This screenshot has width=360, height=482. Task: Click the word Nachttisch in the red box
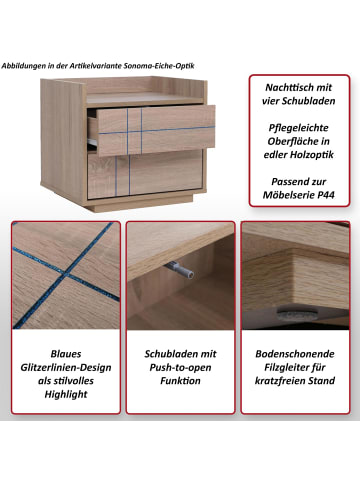tap(285, 87)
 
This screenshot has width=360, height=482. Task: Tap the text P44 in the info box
tap(325, 195)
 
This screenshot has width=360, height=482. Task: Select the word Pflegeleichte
tap(298, 128)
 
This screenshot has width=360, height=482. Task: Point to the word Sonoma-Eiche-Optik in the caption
tap(159, 66)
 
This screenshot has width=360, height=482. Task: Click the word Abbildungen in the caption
tap(24, 66)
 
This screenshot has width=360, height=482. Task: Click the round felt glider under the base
tap(293, 312)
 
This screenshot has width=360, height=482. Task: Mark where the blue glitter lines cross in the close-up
tap(66, 275)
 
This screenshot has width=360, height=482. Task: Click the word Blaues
tap(66, 354)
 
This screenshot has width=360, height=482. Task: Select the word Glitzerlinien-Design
tap(66, 367)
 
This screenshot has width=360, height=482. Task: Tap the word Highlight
tap(66, 394)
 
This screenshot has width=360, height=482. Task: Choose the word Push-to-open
tap(180, 367)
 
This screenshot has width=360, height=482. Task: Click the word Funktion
tap(180, 381)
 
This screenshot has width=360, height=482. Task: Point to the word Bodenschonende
tap(295, 354)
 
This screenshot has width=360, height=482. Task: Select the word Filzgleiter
tap(286, 367)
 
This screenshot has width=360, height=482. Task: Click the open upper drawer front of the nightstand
tap(156, 131)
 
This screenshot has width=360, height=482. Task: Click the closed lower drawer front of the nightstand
tap(145, 174)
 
